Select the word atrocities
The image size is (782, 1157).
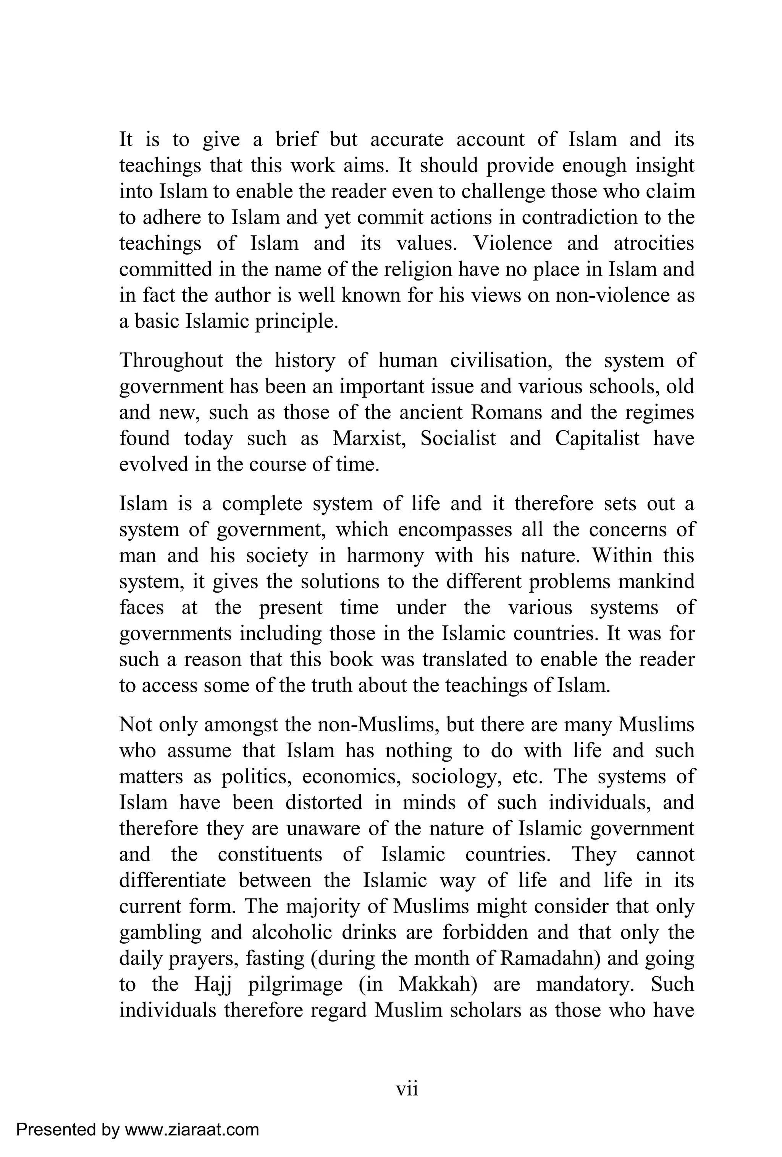[x=653, y=243]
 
